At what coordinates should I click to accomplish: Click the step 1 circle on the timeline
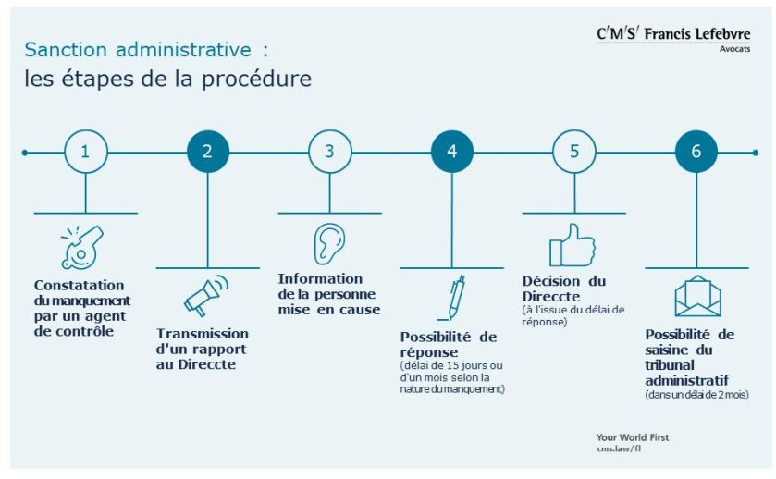[x=85, y=152]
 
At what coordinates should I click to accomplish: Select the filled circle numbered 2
[x=207, y=152]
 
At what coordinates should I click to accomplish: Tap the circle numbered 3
[x=329, y=152]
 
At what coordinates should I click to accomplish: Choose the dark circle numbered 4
[x=452, y=152]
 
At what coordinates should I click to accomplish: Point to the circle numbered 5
[x=574, y=152]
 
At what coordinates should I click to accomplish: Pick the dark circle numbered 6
[x=696, y=152]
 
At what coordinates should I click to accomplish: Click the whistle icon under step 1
[x=82, y=246]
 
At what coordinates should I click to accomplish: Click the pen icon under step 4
[x=451, y=298]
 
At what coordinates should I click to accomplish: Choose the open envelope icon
[x=696, y=297]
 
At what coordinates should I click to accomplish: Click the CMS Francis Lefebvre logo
[x=673, y=34]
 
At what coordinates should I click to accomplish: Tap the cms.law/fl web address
[x=619, y=448]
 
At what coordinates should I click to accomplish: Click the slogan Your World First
[x=633, y=436]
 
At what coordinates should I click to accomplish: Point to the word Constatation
[x=79, y=286]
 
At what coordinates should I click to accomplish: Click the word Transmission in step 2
[x=203, y=334]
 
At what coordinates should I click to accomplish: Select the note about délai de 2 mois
[x=696, y=395]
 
